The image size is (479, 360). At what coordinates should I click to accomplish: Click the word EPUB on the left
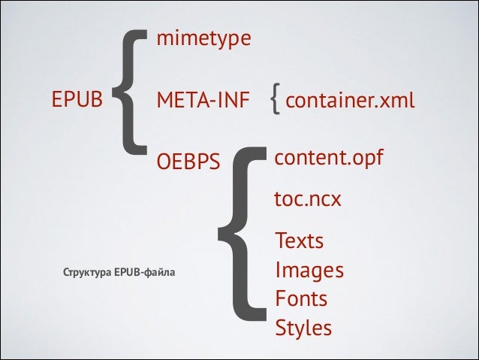(77, 99)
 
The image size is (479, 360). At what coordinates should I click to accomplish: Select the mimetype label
(203, 38)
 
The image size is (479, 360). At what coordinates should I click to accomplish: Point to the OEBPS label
(188, 162)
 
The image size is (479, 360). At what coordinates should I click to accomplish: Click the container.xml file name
(350, 100)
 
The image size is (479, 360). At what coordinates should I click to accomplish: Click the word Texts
(300, 241)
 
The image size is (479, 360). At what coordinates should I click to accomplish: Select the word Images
(309, 270)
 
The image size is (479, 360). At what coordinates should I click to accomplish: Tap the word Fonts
(301, 298)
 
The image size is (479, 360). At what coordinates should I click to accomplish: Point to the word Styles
(303, 328)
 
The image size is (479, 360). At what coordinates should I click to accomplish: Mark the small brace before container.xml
(276, 99)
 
